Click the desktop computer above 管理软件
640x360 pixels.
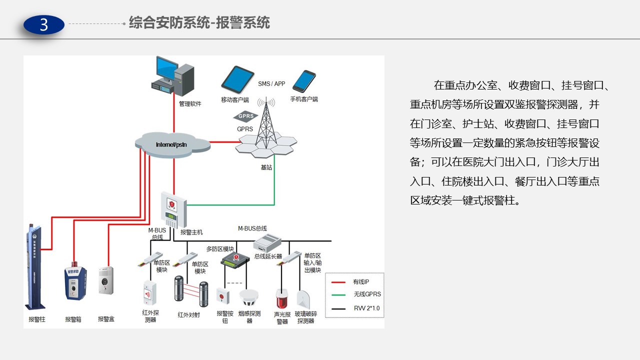(173, 76)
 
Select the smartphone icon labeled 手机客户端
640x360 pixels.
(304, 81)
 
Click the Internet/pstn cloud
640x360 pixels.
(173, 143)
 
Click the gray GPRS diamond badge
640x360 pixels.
(245, 116)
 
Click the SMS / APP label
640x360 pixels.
(271, 84)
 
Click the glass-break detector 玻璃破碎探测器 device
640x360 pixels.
(304, 299)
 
